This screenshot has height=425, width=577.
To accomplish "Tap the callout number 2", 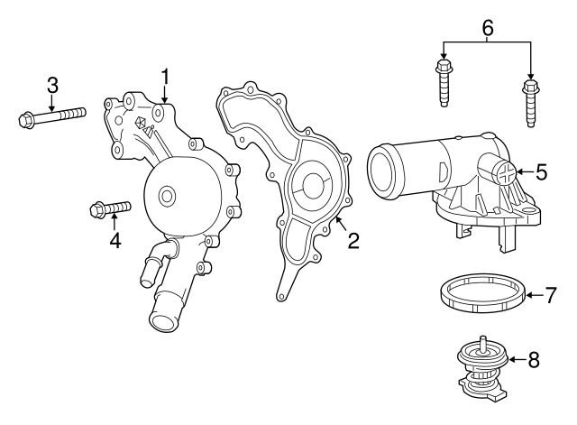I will (x=353, y=240).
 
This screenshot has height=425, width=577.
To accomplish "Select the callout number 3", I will (x=52, y=85).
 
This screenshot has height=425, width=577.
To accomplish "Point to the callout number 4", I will (x=114, y=241).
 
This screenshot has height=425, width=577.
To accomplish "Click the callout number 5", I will (x=541, y=171).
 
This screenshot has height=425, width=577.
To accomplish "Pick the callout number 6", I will (x=488, y=28).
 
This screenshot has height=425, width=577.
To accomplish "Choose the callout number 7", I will (x=552, y=294).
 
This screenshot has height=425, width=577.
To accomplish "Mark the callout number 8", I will (x=533, y=360).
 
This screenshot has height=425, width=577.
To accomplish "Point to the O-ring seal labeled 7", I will (x=482, y=294).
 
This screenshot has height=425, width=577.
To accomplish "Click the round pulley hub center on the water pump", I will (x=166, y=195).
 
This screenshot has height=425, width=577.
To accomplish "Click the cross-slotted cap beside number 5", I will (x=507, y=171).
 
